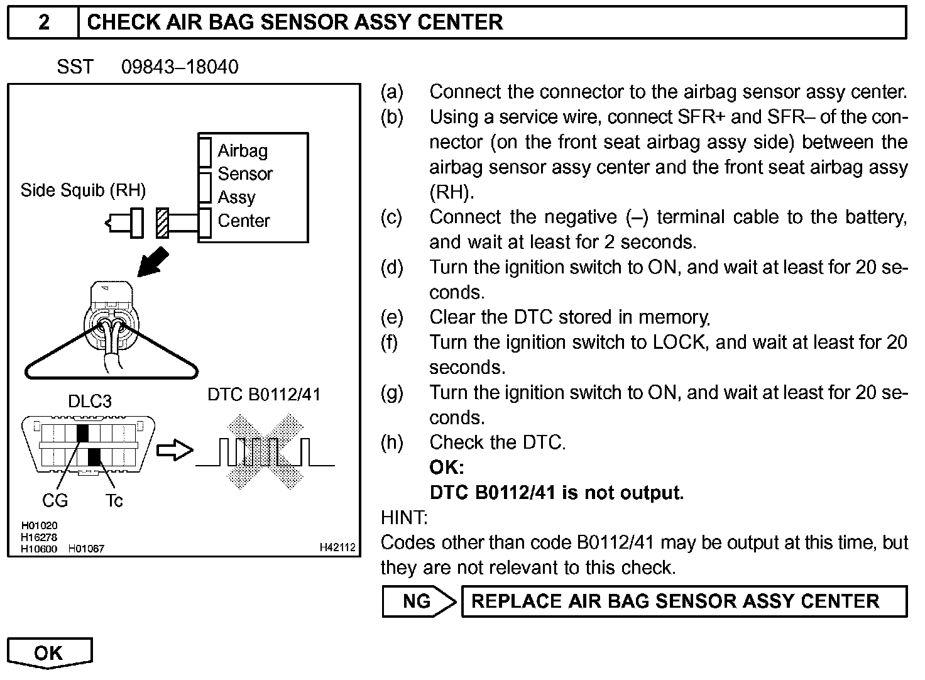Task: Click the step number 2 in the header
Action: pos(43,23)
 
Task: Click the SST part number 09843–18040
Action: pos(180,67)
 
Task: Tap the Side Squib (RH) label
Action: pos(83,190)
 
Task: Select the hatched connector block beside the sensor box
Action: pos(162,222)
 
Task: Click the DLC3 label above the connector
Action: pos(90,401)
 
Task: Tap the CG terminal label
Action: pos(55,500)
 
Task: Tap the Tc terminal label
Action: pos(114,500)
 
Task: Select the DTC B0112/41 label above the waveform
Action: pos(264,395)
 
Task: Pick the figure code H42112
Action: pos(337,548)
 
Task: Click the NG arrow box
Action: pos(418,601)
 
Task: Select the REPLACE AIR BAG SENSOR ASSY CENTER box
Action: pos(684,601)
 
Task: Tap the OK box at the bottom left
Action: pos(49,653)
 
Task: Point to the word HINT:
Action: pos(404,518)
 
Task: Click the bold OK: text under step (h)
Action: pos(447,468)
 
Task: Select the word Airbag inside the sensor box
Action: pos(243,151)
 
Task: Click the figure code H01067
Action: pos(86,549)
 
